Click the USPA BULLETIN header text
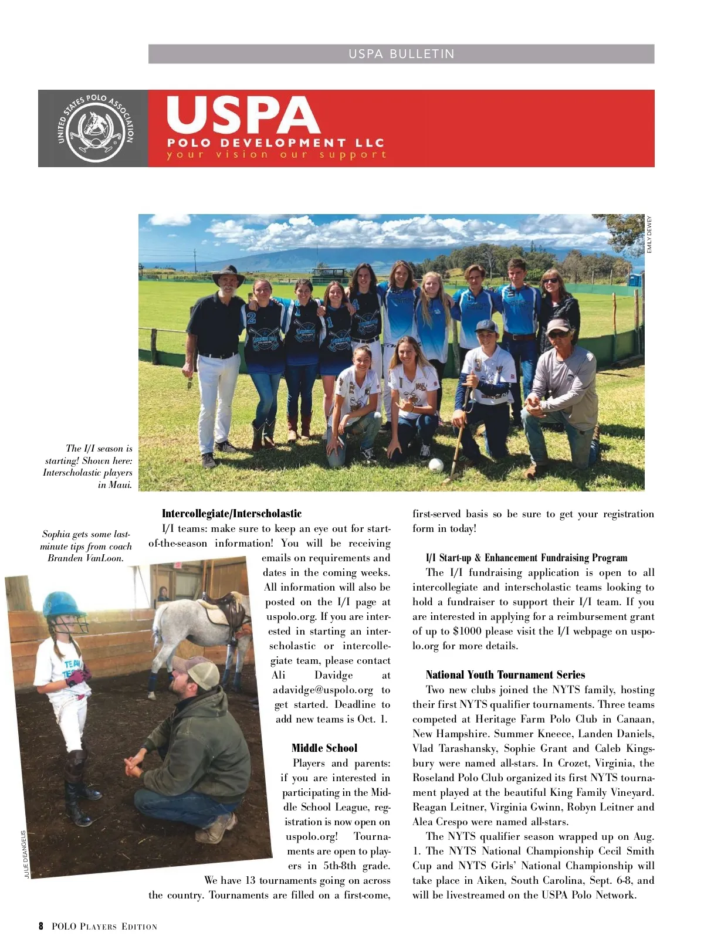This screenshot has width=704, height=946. pyautogui.click(x=401, y=54)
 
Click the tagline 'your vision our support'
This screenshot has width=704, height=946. pyautogui.click(x=276, y=155)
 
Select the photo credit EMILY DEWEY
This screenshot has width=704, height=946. pyautogui.click(x=649, y=235)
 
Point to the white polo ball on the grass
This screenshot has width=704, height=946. pyautogui.click(x=436, y=464)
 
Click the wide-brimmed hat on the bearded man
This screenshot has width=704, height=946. pyautogui.click(x=228, y=274)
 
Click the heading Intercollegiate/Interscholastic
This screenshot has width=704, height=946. pyautogui.click(x=232, y=514)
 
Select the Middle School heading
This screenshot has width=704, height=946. pyautogui.click(x=324, y=748)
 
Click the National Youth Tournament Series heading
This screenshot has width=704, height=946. pyautogui.click(x=505, y=674)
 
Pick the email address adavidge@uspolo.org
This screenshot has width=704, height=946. pyautogui.click(x=323, y=690)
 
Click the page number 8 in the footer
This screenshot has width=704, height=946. pyautogui.click(x=41, y=926)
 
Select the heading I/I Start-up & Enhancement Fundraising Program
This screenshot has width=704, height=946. pyautogui.click(x=526, y=558)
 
